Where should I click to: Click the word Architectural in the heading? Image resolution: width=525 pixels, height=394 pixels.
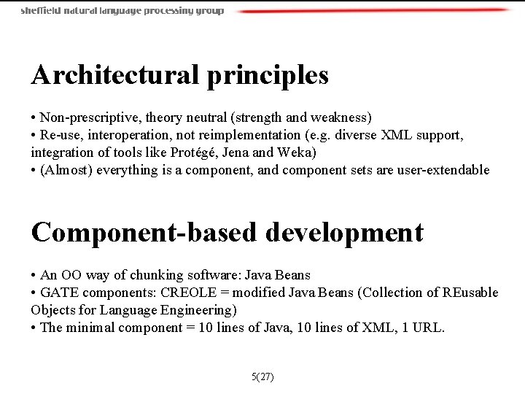(x=115, y=74)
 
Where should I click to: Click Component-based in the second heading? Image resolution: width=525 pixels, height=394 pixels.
(x=144, y=233)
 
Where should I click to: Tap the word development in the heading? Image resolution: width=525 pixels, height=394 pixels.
(x=344, y=233)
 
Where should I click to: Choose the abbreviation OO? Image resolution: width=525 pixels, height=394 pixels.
(x=71, y=276)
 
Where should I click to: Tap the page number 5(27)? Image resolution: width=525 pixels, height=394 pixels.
(x=262, y=377)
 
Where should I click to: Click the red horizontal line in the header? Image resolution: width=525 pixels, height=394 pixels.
(x=372, y=11)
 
